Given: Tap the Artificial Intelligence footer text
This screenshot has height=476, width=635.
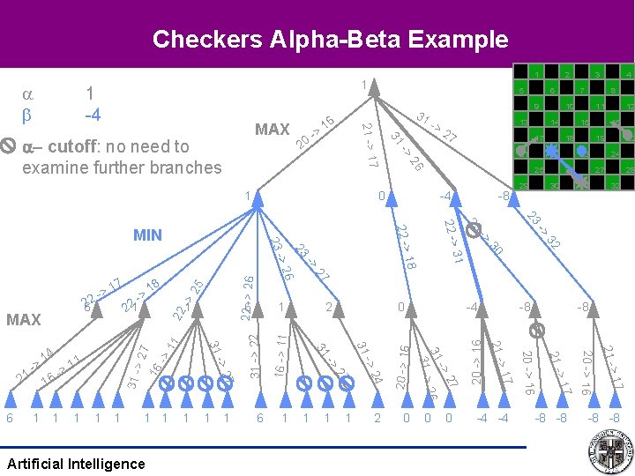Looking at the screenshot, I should pos(75,464).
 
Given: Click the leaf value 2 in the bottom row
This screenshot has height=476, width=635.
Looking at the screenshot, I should pos(377,418).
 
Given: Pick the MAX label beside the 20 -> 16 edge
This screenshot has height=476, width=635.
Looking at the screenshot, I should pos(272,130).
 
